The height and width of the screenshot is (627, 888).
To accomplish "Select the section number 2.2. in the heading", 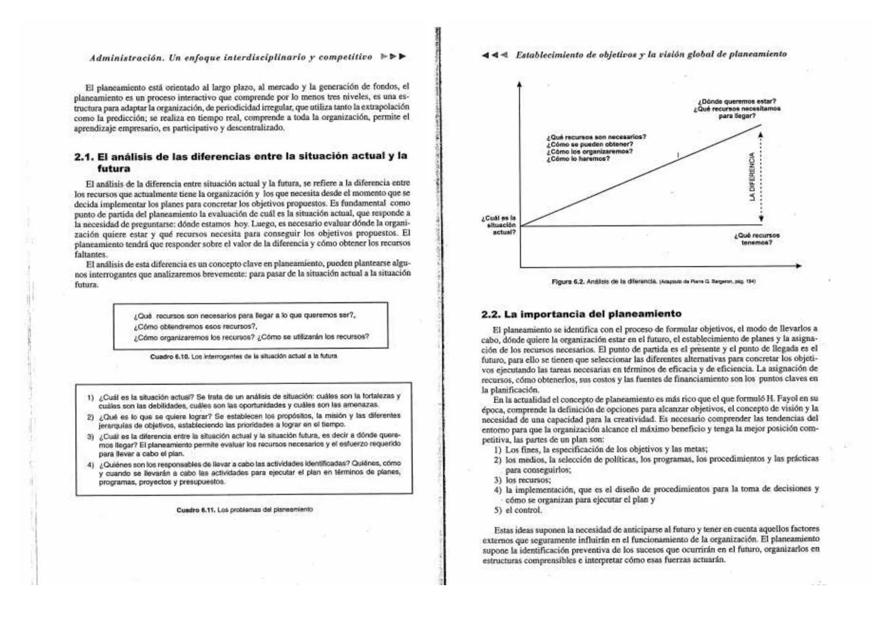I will click(491, 315).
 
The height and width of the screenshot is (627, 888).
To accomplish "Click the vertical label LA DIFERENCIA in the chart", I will click(752, 177).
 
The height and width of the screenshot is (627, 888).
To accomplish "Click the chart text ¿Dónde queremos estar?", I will click(737, 102).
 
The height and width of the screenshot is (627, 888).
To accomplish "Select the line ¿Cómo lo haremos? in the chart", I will click(578, 159).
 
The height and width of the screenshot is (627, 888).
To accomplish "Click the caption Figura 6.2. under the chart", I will click(567, 282).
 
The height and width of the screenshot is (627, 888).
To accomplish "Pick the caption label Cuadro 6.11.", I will click(196, 510).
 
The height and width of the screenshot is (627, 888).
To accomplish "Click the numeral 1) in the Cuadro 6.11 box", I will click(91, 398).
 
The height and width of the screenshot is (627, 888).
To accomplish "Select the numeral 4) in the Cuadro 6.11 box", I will click(91, 464).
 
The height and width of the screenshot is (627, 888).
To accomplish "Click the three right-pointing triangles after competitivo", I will click(393, 57).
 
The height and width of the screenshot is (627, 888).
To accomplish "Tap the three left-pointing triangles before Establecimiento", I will click(495, 55).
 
